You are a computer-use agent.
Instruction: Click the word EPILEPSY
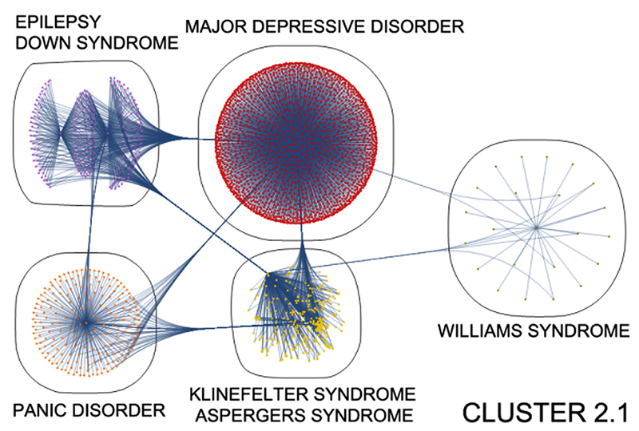tap(58, 22)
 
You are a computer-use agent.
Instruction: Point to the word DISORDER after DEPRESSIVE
tap(418, 27)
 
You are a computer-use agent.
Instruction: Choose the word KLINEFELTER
tap(249, 394)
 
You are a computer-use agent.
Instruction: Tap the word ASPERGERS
tap(250, 415)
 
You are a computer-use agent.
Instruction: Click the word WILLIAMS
tap(480, 330)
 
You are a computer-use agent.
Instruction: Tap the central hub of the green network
tap(537, 227)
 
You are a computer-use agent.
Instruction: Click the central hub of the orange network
tap(86, 323)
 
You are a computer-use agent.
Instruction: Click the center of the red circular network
tap(296, 143)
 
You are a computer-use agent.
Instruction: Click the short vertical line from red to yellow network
tap(302, 234)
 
